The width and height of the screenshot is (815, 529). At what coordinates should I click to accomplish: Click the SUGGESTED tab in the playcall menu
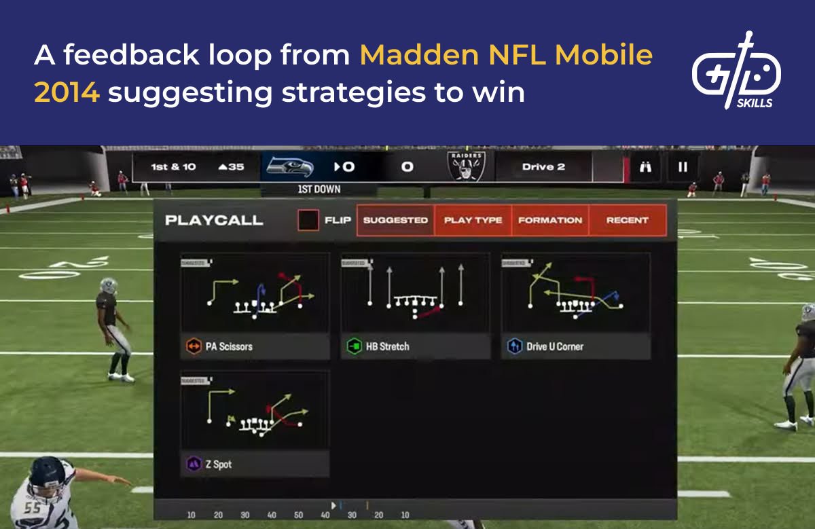(x=395, y=220)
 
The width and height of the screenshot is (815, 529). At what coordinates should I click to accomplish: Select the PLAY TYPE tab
(x=473, y=220)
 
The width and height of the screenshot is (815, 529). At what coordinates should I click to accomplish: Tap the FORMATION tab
(x=550, y=220)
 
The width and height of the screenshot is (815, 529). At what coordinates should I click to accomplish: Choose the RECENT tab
(x=628, y=220)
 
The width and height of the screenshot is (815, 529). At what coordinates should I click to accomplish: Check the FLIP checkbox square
(x=308, y=220)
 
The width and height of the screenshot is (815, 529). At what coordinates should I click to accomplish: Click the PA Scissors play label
(x=228, y=346)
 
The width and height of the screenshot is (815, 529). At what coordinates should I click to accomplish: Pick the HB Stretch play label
(x=387, y=346)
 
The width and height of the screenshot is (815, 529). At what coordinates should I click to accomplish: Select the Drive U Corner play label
(x=555, y=346)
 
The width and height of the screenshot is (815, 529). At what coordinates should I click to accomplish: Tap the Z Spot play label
(x=218, y=464)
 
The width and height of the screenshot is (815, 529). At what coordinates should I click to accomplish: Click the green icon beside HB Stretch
(x=354, y=346)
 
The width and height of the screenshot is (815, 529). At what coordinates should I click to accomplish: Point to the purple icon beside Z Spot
(x=194, y=464)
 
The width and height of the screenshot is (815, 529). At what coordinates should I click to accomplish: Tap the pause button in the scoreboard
(x=683, y=167)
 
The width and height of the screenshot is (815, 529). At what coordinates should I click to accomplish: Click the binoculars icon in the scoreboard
(x=645, y=167)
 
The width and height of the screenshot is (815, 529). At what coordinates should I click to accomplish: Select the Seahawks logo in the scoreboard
(x=290, y=166)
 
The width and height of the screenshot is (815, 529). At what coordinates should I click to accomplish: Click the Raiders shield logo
(x=466, y=166)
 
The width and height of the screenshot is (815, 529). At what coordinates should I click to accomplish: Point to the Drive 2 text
(x=543, y=167)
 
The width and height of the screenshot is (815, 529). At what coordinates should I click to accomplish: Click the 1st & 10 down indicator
(x=173, y=167)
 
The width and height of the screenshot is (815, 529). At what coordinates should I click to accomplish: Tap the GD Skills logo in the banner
(x=736, y=71)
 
